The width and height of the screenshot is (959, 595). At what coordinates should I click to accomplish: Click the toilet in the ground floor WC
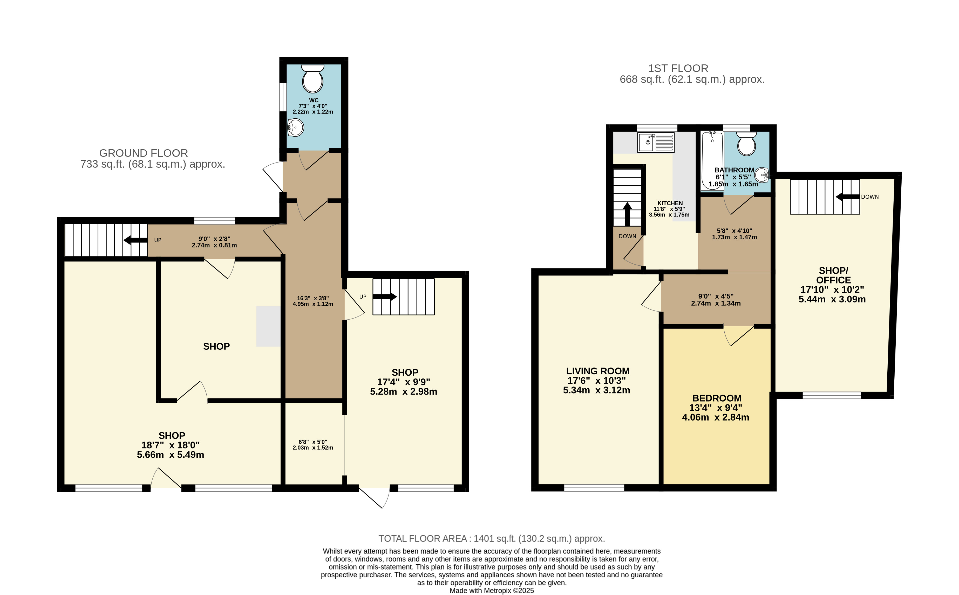click(x=313, y=79)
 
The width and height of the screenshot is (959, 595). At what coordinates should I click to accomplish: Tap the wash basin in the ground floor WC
click(x=296, y=127)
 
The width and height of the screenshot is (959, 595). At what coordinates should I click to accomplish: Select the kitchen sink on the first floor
click(x=656, y=143)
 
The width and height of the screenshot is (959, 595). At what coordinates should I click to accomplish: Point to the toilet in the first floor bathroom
click(x=746, y=144)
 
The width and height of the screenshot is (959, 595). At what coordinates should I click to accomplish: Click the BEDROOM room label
click(x=717, y=398)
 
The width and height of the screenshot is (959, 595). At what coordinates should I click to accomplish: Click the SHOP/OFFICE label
click(x=833, y=275)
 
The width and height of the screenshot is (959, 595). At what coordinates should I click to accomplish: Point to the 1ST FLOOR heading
click(x=678, y=69)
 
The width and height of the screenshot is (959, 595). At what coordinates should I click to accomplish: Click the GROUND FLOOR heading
click(x=144, y=153)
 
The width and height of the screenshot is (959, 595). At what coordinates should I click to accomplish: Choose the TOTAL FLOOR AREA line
click(x=492, y=539)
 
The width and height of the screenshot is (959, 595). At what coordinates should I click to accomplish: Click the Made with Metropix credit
click(x=492, y=591)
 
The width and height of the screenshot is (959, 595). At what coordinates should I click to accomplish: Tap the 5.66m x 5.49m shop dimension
click(x=170, y=455)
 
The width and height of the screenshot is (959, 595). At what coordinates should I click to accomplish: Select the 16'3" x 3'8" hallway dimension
click(x=313, y=298)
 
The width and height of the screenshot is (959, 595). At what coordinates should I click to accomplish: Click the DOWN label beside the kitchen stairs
click(x=627, y=236)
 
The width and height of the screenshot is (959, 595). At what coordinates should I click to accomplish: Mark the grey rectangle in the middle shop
click(x=268, y=327)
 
